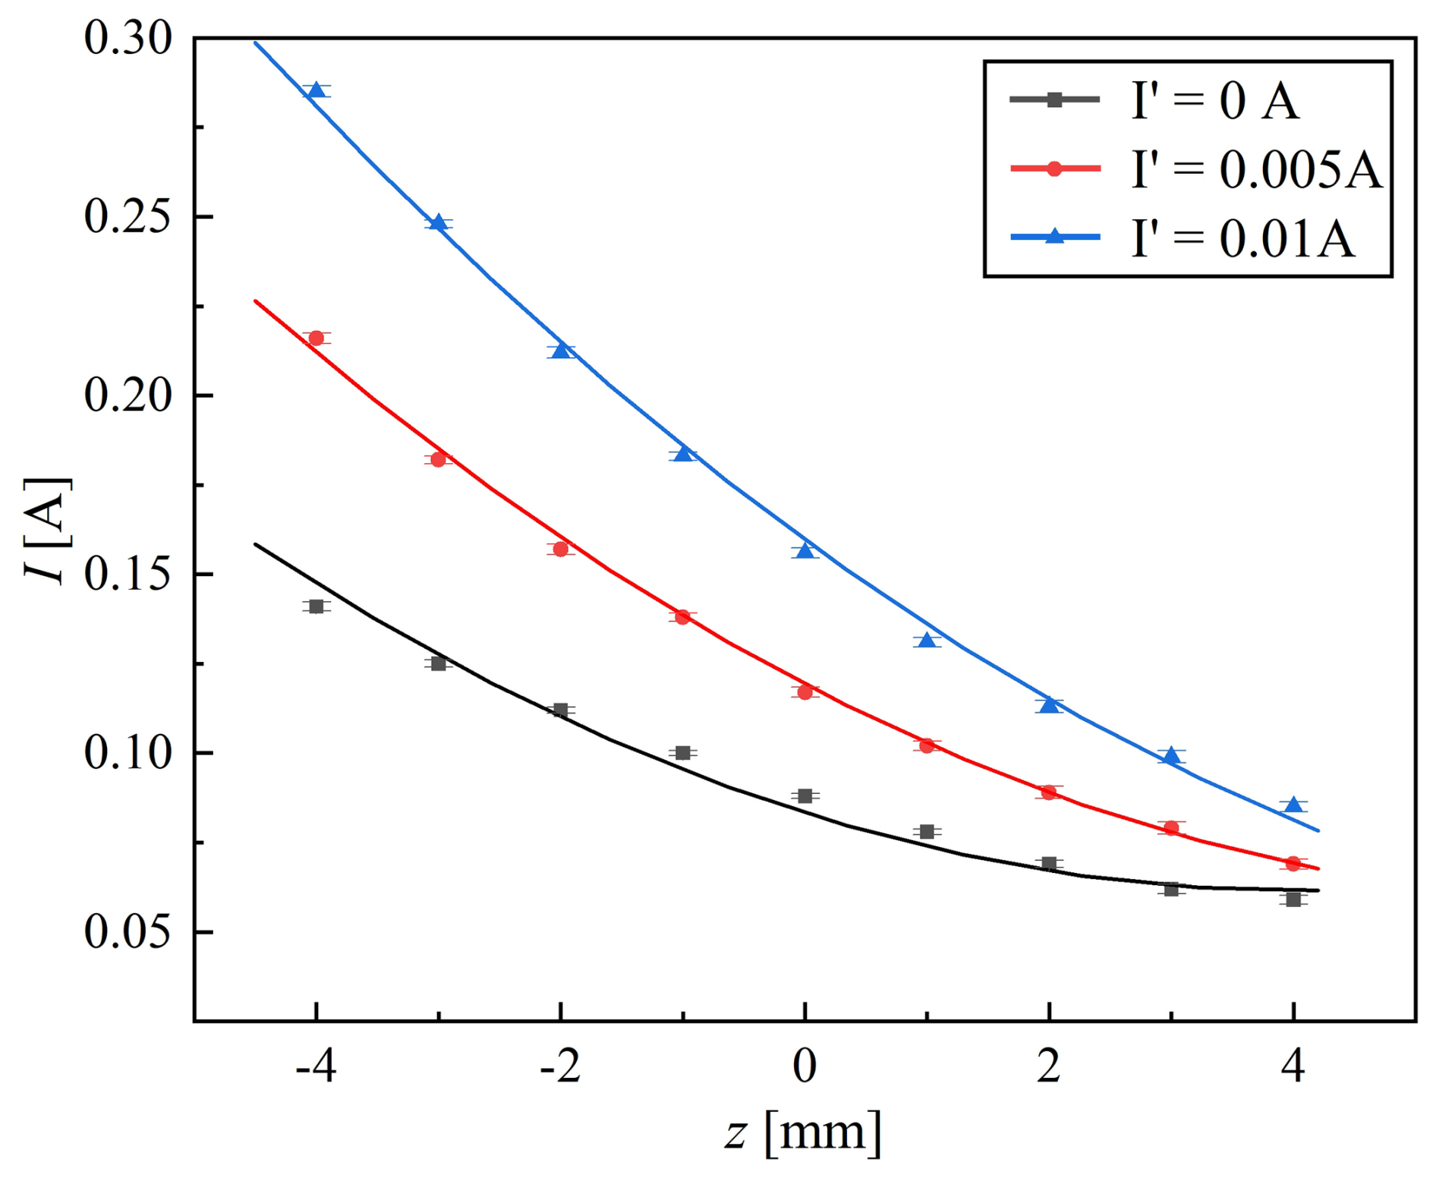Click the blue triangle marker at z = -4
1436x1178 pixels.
(x=316, y=90)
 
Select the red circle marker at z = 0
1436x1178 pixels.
(x=805, y=691)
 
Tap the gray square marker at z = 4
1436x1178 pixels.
(x=1293, y=899)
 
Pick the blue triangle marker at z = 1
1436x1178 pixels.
(x=927, y=640)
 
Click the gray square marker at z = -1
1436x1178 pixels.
(x=682, y=753)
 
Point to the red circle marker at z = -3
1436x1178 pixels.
(x=438, y=459)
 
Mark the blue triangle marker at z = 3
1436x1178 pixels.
(x=1171, y=755)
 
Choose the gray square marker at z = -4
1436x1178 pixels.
(x=316, y=606)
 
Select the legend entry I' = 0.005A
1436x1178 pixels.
(x=1196, y=169)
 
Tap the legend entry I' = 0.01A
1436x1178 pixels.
(x=1182, y=238)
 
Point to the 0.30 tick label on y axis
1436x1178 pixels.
(x=128, y=38)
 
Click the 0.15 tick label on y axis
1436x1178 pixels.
(x=128, y=575)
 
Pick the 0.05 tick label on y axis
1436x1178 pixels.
(x=128, y=932)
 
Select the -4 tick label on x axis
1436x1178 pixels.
(x=316, y=1066)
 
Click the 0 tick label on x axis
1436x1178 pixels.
(x=805, y=1066)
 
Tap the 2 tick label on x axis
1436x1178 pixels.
(x=1049, y=1066)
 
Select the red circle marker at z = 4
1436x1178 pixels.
(x=1293, y=864)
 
